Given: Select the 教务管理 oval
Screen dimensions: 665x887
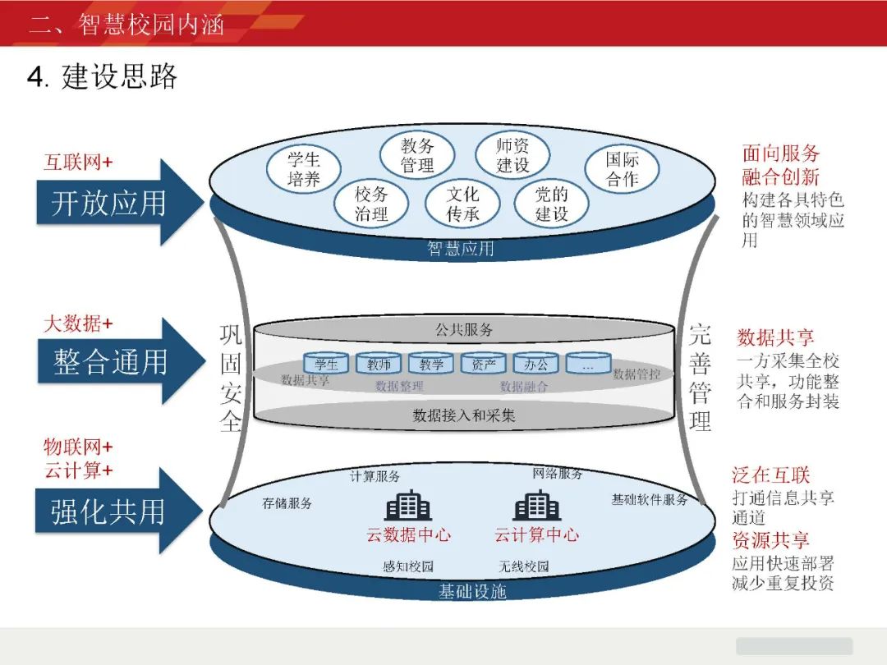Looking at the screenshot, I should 417,155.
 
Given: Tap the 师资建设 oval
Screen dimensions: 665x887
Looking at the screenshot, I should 513,155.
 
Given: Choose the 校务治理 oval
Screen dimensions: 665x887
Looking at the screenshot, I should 371,204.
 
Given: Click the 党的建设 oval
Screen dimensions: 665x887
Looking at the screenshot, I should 552,204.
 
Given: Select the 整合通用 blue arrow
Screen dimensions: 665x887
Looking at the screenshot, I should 118,361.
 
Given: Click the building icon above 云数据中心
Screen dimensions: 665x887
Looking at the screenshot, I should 408,506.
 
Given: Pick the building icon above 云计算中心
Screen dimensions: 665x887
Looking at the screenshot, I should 536,506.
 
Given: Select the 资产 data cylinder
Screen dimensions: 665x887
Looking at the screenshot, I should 483,364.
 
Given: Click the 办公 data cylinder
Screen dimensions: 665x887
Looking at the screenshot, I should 535,364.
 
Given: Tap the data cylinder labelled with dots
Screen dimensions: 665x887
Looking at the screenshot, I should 588,364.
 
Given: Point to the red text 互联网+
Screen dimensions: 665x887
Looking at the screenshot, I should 78,162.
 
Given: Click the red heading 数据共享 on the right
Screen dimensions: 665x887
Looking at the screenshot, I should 775,337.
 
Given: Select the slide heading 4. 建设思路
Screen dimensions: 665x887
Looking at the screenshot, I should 103,77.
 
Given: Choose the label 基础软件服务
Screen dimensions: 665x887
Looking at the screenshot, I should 649,499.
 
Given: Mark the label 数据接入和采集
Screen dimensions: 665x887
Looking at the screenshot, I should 464,415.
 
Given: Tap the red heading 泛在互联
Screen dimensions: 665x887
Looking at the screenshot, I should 770,475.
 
